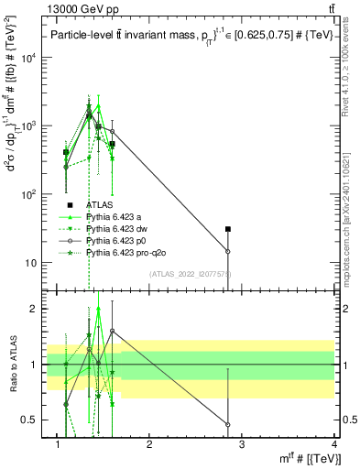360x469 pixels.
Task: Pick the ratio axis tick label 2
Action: [36, 309]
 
